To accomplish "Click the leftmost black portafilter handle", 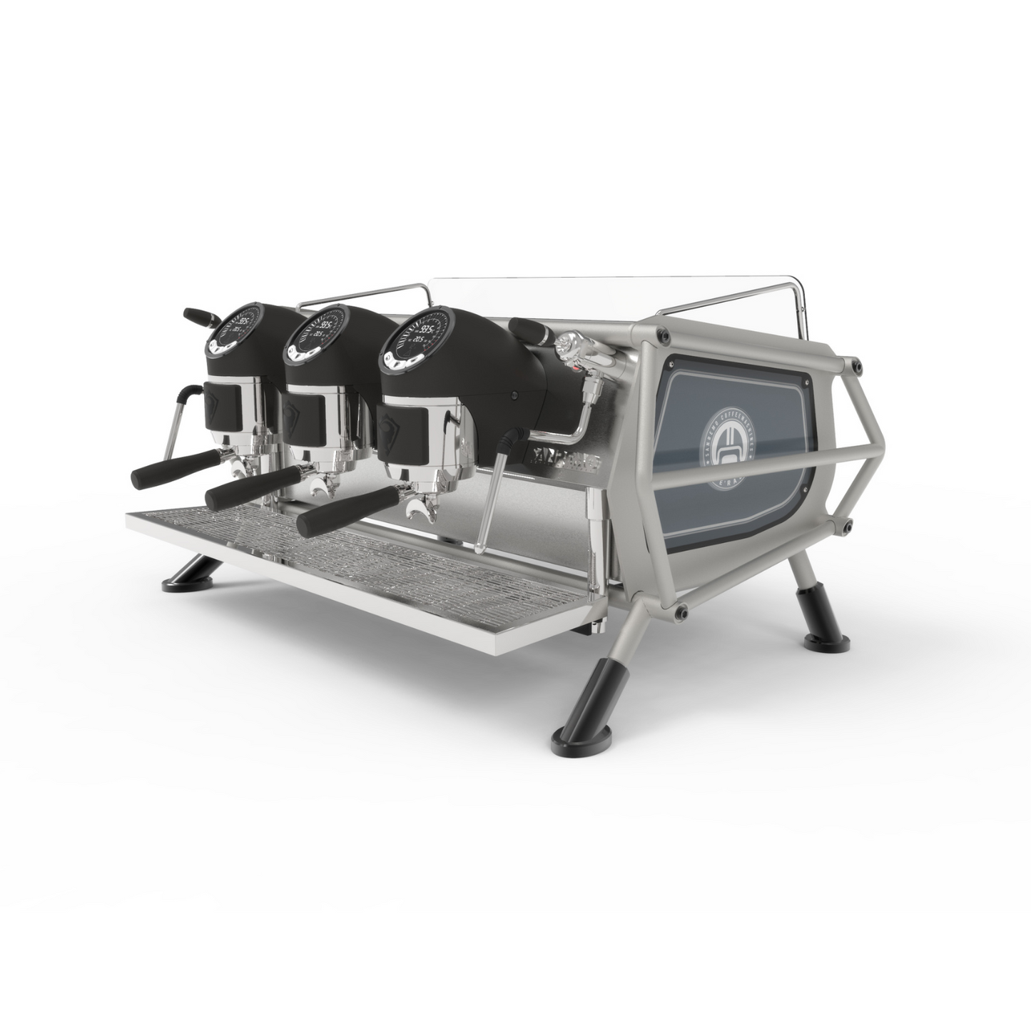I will (166, 464).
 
